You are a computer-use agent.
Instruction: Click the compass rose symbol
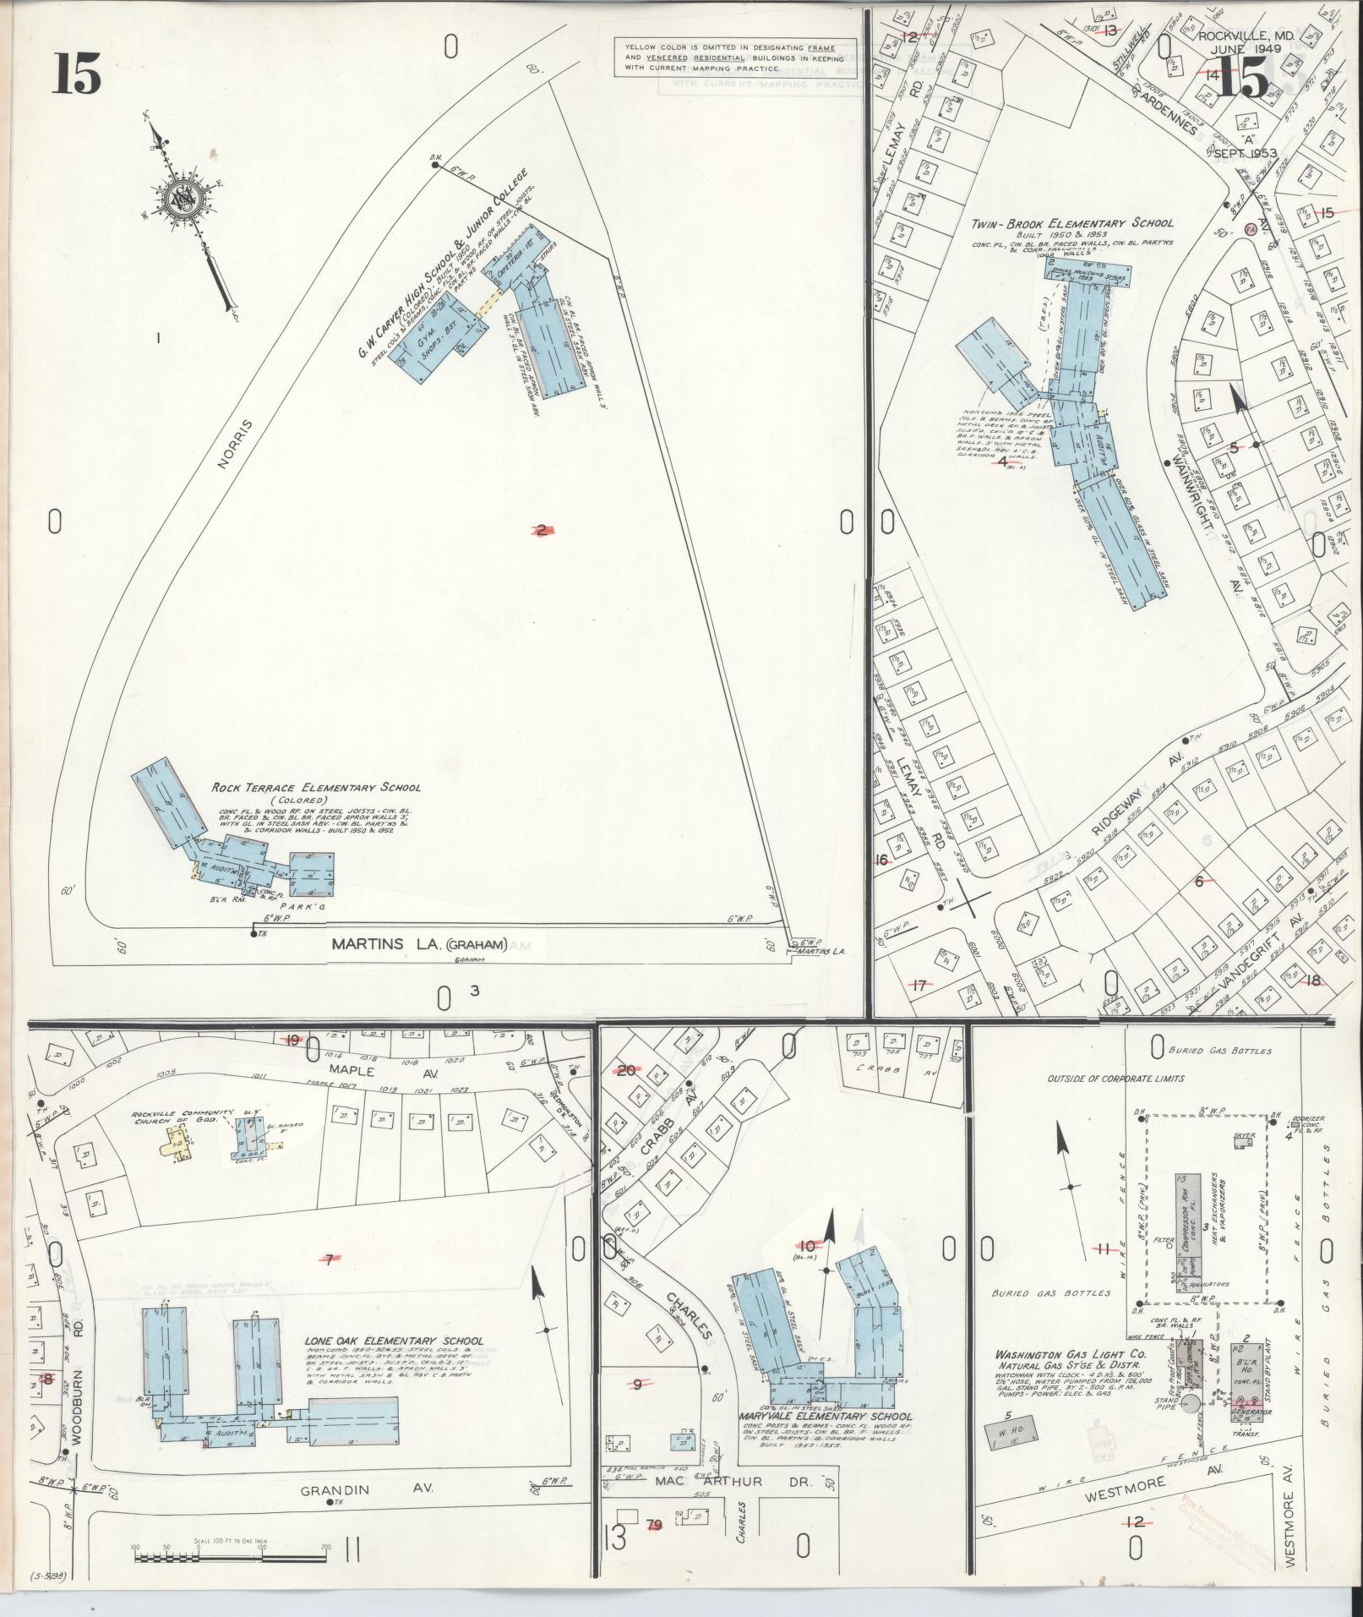pos(182,199)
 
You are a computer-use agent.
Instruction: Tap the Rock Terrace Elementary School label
pos(316,789)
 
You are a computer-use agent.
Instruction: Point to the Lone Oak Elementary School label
pos(395,1341)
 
